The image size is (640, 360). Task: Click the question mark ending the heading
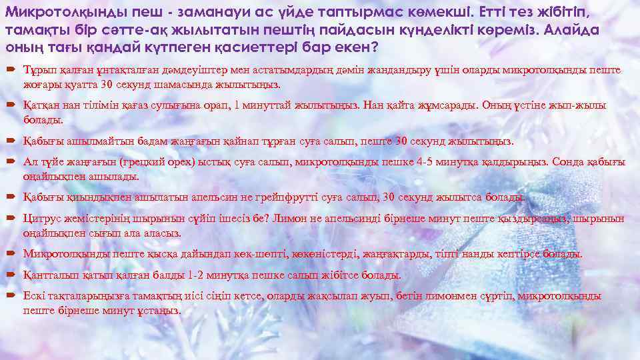[x=375, y=48]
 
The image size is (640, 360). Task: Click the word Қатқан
[x=41, y=105]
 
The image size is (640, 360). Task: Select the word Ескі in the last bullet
[x=34, y=296]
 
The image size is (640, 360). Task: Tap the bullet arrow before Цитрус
[x=13, y=219]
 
